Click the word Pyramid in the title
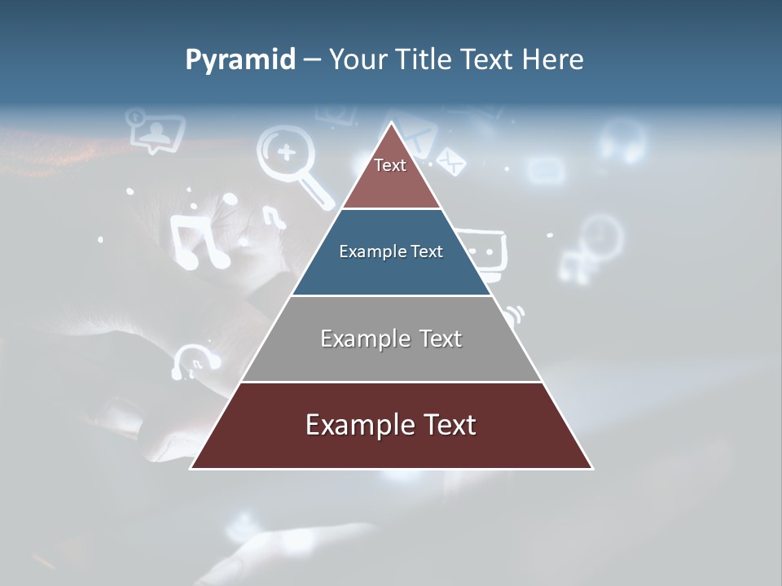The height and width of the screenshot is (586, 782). [x=240, y=60]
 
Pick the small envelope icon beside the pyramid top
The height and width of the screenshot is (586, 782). [x=450, y=161]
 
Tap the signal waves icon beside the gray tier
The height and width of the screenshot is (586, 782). [x=514, y=314]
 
